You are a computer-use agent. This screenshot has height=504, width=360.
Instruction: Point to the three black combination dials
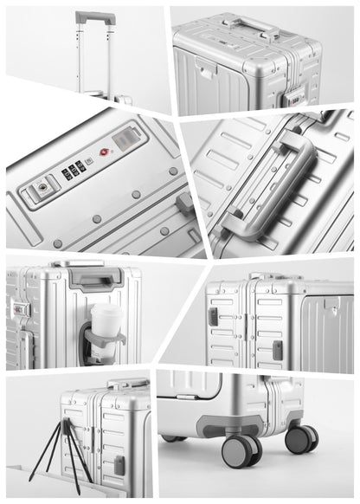[x=74, y=170]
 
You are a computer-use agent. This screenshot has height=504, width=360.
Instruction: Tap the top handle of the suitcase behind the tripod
[x=129, y=383]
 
